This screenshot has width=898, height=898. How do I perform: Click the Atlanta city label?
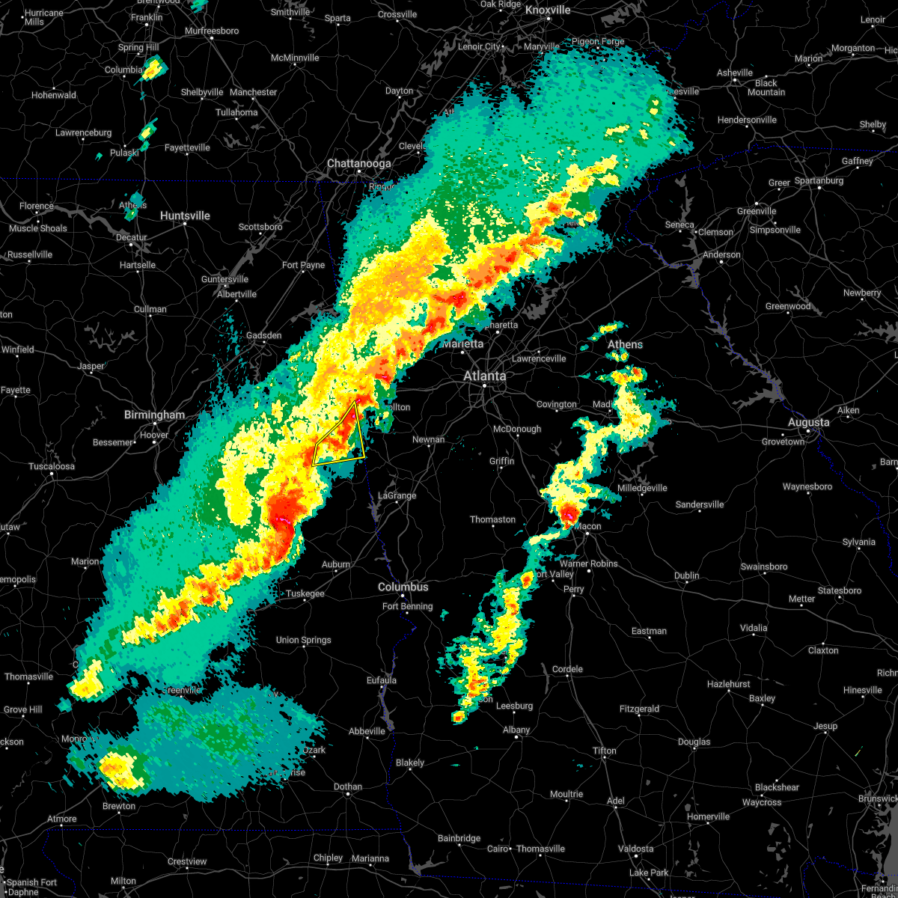click(x=485, y=376)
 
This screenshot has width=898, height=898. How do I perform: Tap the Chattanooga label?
click(x=358, y=163)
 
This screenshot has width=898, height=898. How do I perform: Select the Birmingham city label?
click(x=154, y=415)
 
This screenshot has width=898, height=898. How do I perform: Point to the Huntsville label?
click(x=185, y=216)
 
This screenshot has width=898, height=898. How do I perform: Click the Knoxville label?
click(x=548, y=10)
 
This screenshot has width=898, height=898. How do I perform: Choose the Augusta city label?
click(x=808, y=422)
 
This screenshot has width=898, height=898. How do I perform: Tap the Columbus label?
click(x=403, y=587)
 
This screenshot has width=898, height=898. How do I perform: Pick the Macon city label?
click(x=588, y=526)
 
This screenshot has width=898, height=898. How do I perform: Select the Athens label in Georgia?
click(x=625, y=344)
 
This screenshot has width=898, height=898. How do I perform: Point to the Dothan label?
click(x=348, y=786)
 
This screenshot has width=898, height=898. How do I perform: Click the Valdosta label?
click(x=635, y=849)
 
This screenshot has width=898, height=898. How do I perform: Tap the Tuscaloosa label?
click(x=52, y=466)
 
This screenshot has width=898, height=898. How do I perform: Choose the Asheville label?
click(x=735, y=73)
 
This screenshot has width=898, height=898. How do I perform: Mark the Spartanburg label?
click(x=819, y=180)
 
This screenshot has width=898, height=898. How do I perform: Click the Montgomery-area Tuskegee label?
click(x=305, y=593)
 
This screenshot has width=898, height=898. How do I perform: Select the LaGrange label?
click(x=397, y=495)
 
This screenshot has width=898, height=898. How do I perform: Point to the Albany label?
click(x=516, y=730)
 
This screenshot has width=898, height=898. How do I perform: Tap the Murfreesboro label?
click(x=212, y=31)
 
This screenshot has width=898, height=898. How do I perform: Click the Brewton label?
click(x=119, y=806)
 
